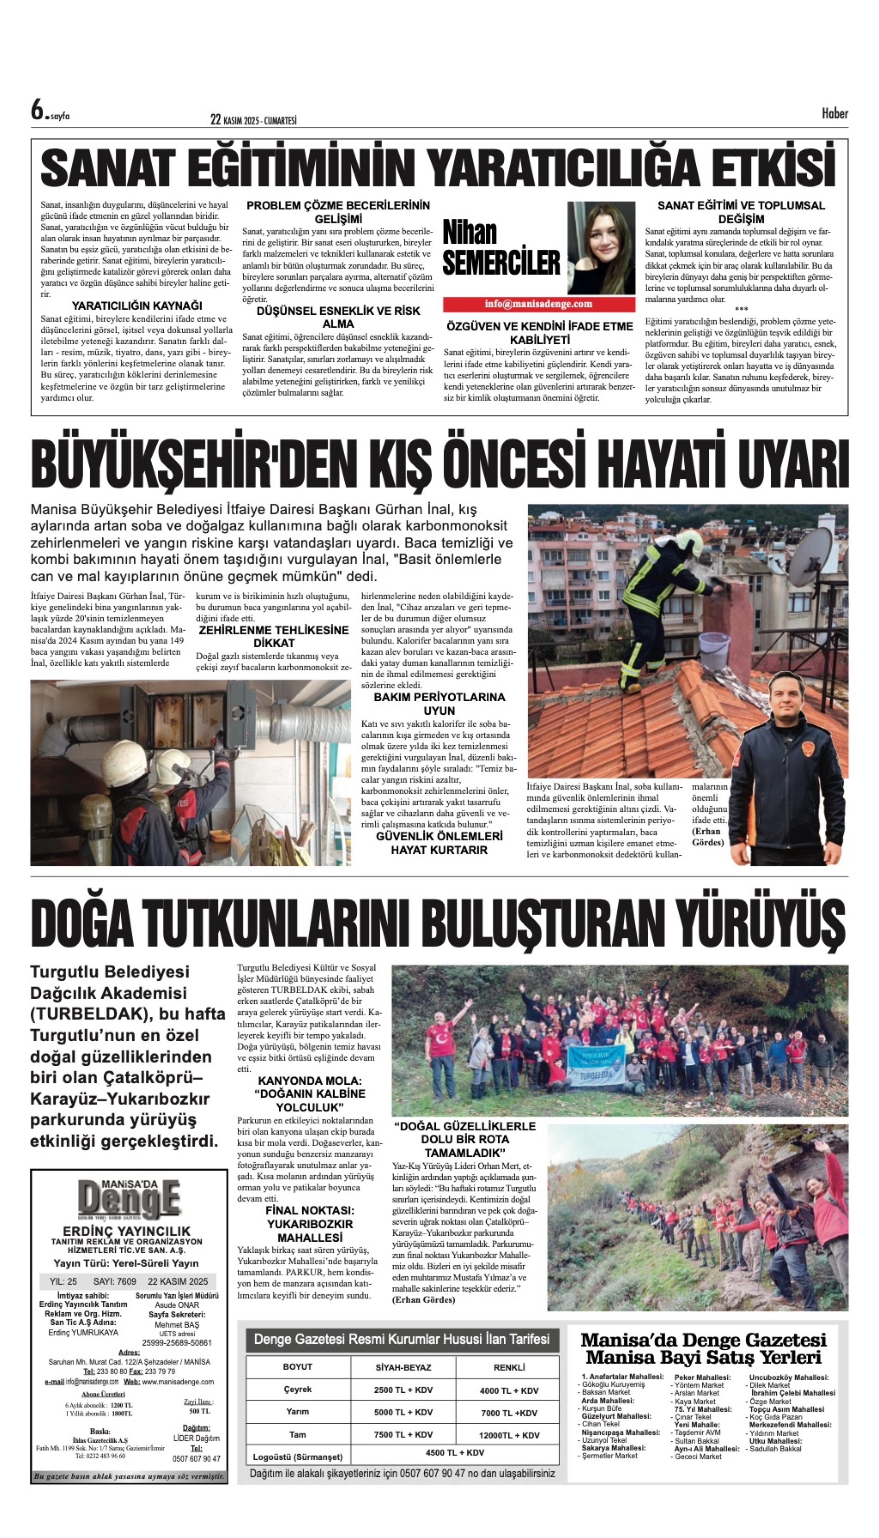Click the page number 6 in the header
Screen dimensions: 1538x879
point(38,111)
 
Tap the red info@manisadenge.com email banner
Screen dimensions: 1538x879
point(539,304)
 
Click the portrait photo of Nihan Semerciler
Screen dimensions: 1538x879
point(600,247)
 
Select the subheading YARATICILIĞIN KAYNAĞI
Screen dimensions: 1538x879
point(137,306)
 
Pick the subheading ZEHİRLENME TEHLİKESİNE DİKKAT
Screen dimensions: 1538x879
point(273,636)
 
